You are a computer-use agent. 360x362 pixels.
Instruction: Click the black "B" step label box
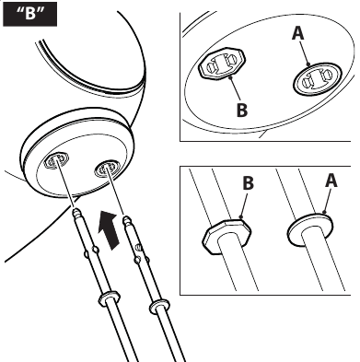tap(29, 14)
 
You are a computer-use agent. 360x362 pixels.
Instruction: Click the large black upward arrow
tap(109, 229)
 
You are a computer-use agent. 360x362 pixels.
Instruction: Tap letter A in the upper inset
tap(297, 33)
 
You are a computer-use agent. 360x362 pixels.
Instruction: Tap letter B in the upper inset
tap(242, 109)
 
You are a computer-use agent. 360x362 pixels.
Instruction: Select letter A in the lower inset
tap(331, 181)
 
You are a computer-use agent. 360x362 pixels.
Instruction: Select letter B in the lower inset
tap(249, 183)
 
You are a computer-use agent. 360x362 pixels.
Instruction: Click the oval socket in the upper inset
tap(317, 79)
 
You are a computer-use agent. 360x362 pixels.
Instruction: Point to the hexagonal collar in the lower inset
tap(227, 236)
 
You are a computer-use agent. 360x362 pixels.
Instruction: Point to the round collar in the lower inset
tap(310, 228)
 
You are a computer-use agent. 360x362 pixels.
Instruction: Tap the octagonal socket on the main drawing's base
tap(55, 160)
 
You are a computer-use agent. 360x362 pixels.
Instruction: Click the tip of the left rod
tap(75, 210)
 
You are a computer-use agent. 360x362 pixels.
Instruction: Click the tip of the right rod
tap(126, 218)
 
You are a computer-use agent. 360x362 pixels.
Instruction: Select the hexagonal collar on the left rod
tap(109, 298)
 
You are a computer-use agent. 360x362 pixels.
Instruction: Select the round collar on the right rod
tap(159, 306)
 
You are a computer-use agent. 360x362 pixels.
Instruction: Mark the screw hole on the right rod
tap(138, 247)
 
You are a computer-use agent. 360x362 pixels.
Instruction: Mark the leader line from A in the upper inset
tap(304, 53)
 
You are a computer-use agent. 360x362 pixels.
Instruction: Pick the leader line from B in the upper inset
tap(235, 90)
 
